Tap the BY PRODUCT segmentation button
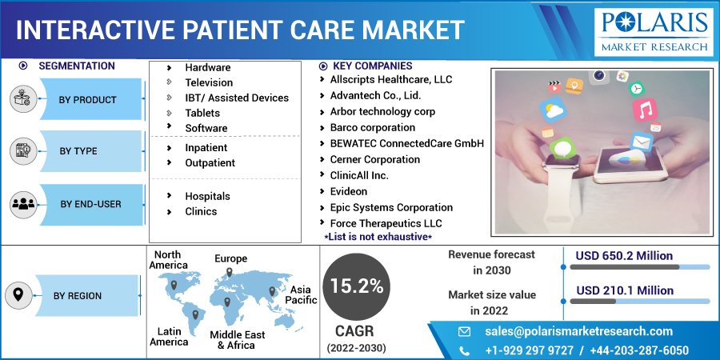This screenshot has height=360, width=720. pos(87,100)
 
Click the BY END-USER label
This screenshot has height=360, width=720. pos(90,204)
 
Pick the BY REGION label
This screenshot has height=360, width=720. pos(78,296)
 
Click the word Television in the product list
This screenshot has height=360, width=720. pos(209,82)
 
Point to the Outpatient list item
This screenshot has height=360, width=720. pos(210,163)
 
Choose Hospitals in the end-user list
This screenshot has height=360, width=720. pos(207,196)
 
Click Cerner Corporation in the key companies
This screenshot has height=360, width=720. pos(374,159)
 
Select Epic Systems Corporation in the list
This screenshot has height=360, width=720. pos(391,207)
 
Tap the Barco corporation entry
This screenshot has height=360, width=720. pos(372,127)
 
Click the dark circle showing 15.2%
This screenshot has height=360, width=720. pos(357,287)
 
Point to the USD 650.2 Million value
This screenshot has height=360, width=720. pos(625,256)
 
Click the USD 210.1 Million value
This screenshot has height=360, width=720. pos(625,290)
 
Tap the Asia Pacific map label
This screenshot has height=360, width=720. pos(302,294)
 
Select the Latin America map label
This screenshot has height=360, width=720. pos(168,336)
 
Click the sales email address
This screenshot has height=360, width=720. pos(578,331)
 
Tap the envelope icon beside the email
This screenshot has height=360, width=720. pos(465,331)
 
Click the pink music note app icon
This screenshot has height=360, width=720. pos(644,110)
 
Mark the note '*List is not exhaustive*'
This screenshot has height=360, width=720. pos(378,238)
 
